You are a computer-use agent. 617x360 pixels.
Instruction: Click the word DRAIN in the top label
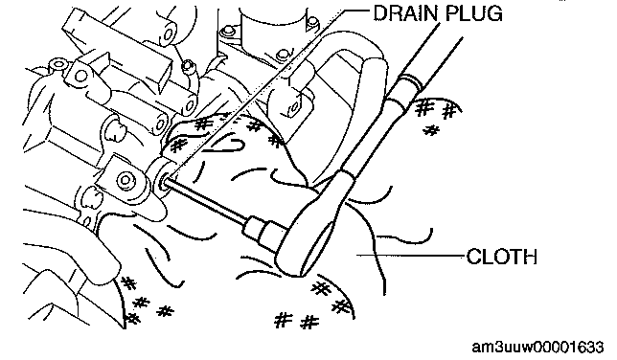[x=405, y=13]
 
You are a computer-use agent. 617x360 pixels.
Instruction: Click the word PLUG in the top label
[x=474, y=13]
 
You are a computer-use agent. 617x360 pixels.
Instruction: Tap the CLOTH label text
[x=502, y=257]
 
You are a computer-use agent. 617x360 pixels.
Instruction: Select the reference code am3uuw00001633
[x=537, y=347]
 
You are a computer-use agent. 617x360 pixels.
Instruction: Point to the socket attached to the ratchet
[x=262, y=231]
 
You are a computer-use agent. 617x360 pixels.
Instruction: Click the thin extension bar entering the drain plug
[x=208, y=200]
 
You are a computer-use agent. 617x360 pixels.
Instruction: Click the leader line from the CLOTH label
[x=411, y=256]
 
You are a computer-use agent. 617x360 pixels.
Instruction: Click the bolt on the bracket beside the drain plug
[x=126, y=180]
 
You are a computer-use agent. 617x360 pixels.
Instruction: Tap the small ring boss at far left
[x=58, y=64]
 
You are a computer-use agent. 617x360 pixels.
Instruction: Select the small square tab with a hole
[x=294, y=107]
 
